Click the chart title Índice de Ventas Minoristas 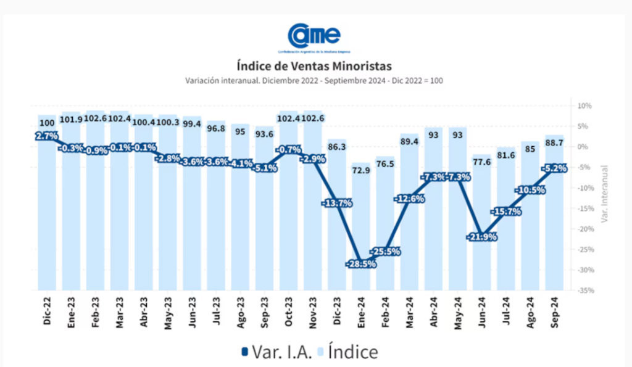click(314, 65)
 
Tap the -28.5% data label click(361, 264)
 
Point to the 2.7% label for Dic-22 click(47, 136)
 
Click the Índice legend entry click(348, 352)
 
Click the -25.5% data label click(385, 252)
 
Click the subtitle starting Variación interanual click(314, 81)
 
